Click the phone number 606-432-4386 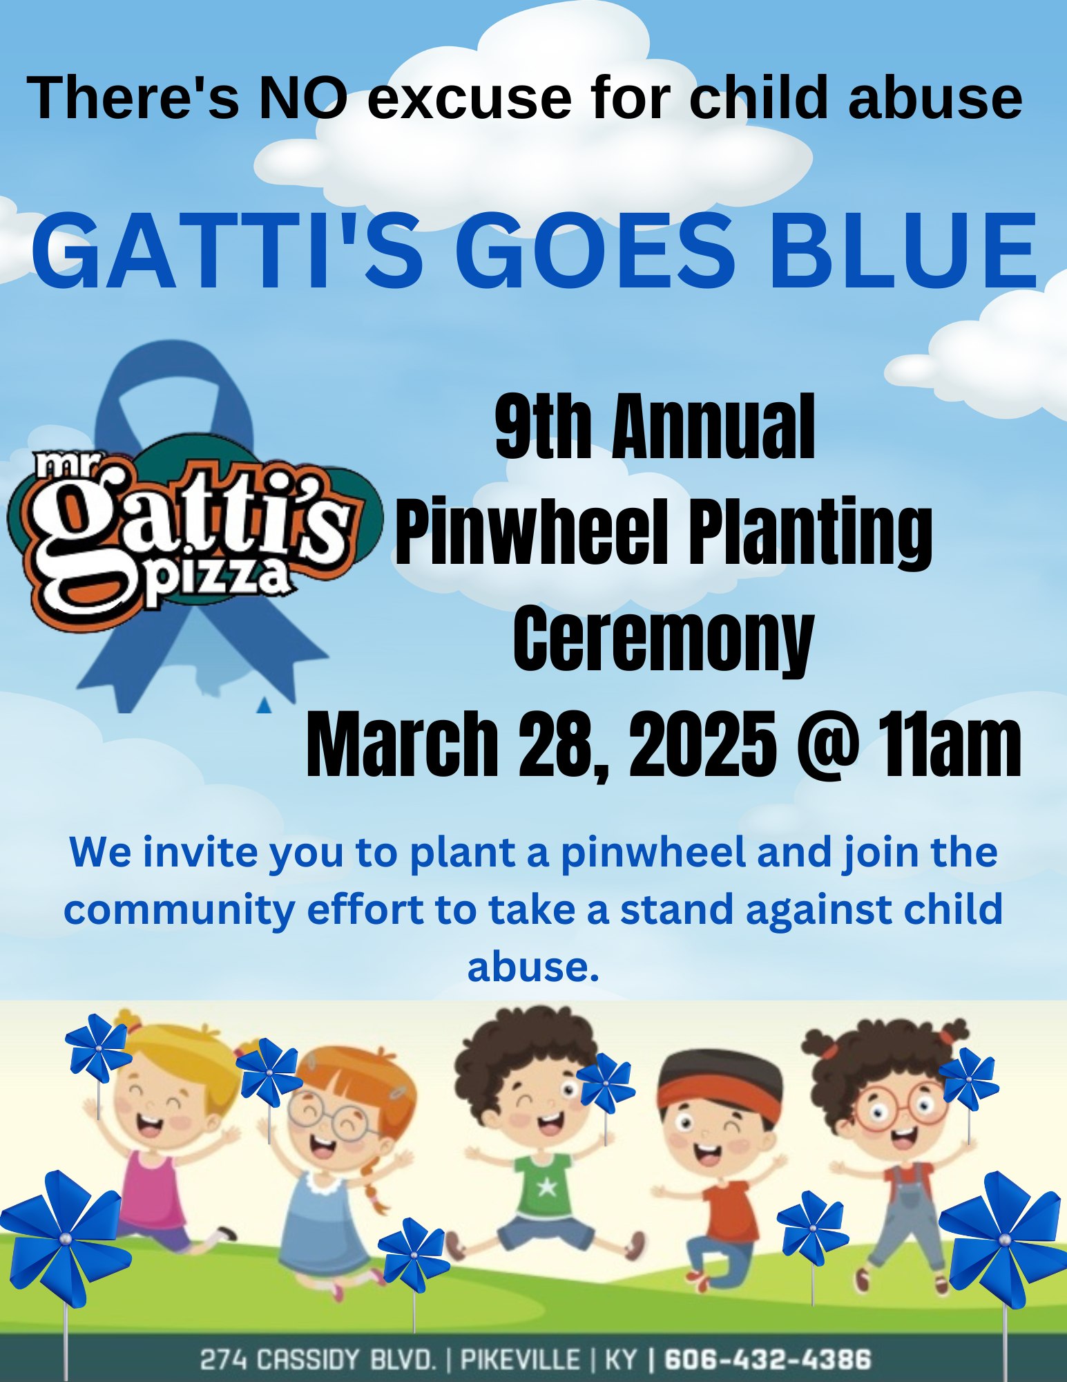767,1359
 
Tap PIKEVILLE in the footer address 520,1359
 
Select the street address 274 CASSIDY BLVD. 318,1359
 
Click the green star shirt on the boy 546,1186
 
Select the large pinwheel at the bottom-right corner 1004,1241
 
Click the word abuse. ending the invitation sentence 532,967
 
